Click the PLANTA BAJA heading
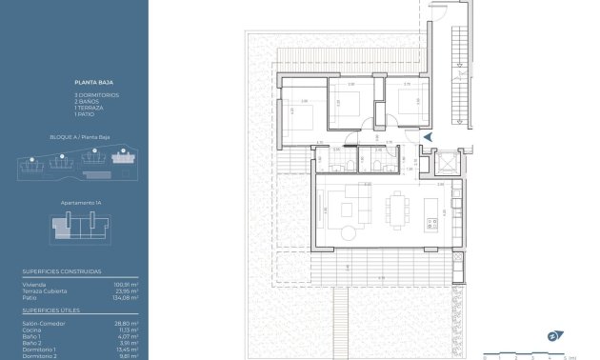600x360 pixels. (87, 83)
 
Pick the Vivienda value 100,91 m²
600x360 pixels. (127, 284)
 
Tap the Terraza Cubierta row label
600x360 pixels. (44, 290)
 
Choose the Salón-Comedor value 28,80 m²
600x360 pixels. (128, 323)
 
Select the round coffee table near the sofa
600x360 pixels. (350, 231)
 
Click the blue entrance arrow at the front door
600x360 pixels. (427, 137)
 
